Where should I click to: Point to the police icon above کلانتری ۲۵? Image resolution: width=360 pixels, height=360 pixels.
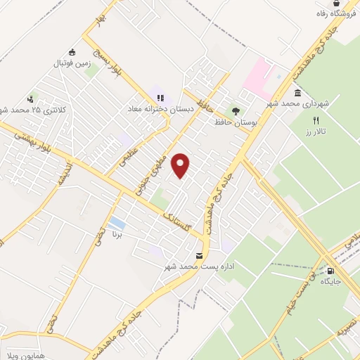coord(30,99)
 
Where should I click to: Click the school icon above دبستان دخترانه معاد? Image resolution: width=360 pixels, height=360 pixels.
coord(160,98)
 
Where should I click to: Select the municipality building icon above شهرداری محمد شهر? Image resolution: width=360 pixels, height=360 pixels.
coord(298,94)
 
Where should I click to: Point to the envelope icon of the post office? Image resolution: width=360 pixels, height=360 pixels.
coord(200,255)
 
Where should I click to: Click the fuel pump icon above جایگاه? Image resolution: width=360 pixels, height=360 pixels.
coord(330,270)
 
